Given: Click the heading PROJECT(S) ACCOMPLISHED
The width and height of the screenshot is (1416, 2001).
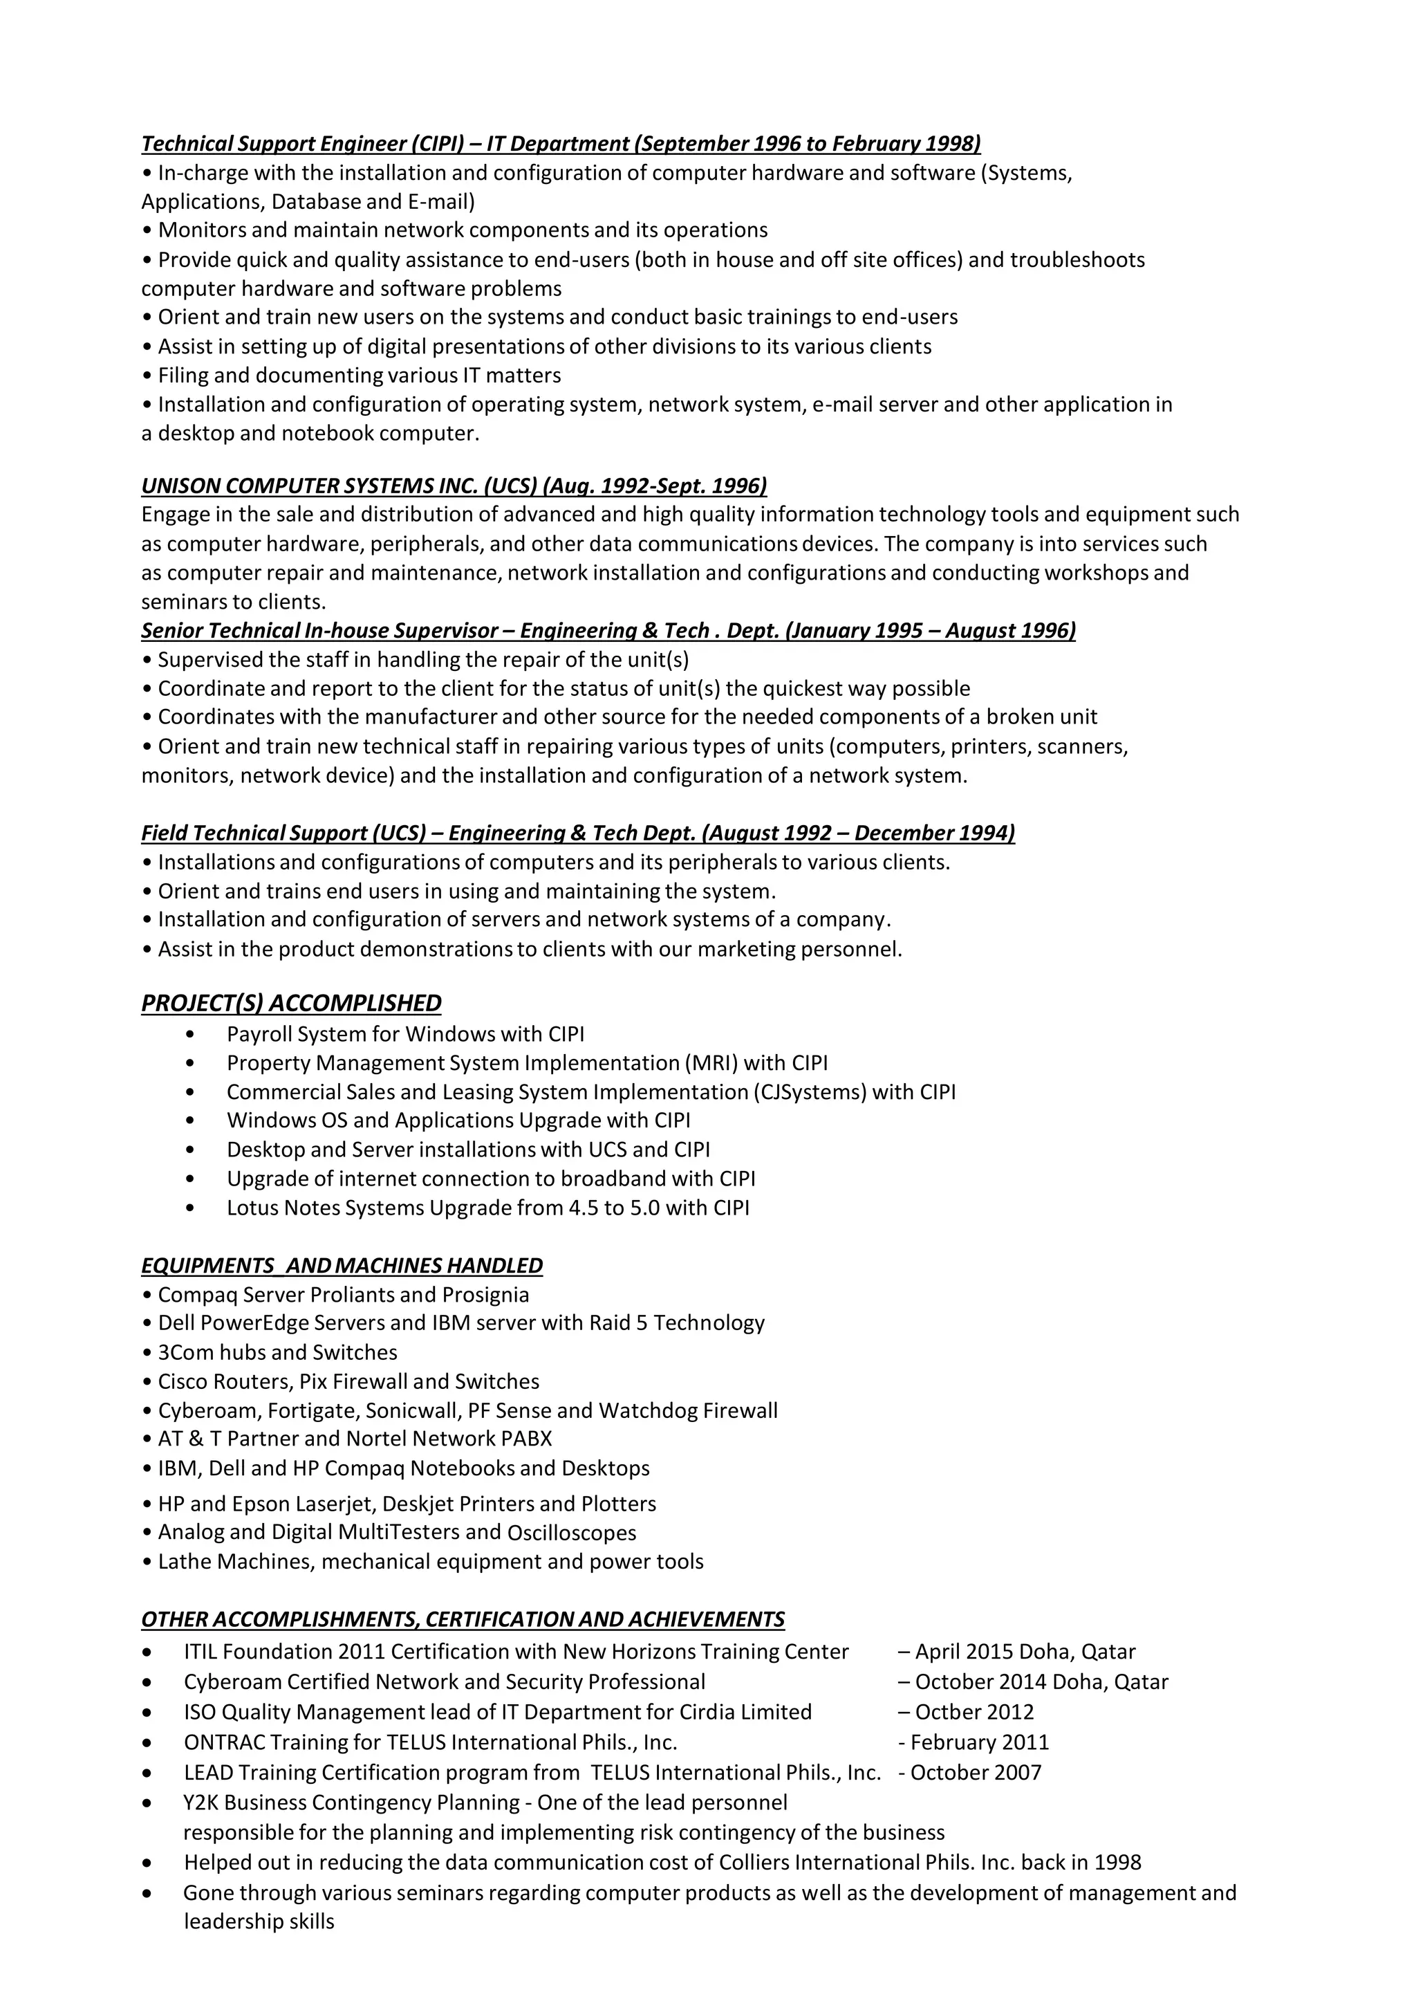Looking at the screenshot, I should [x=291, y=1003].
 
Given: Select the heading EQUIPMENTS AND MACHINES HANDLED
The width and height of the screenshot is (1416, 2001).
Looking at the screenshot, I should [x=342, y=1266].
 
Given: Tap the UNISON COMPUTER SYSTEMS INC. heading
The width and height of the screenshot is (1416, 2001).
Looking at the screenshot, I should [x=454, y=486].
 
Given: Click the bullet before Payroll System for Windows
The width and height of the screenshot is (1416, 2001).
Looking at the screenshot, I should [x=190, y=1035].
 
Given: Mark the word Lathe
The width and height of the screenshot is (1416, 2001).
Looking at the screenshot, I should [x=185, y=1561].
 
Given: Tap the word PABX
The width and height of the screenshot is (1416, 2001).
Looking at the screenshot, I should [x=527, y=1439].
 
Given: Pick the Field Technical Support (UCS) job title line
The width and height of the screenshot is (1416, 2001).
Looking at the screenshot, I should [x=577, y=833].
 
